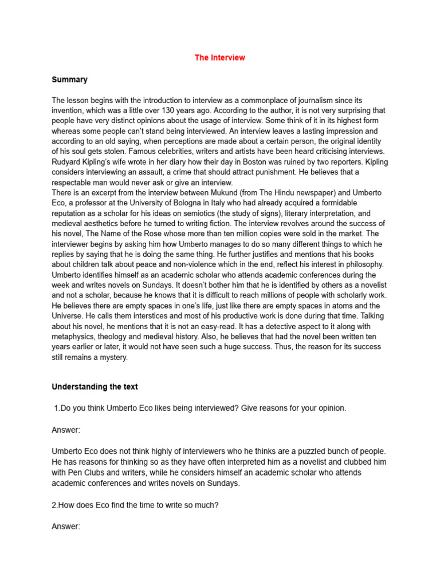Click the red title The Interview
tap(219, 58)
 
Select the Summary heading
tap(69, 80)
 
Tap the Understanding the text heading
tap(95, 387)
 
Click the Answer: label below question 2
tap(66, 526)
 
